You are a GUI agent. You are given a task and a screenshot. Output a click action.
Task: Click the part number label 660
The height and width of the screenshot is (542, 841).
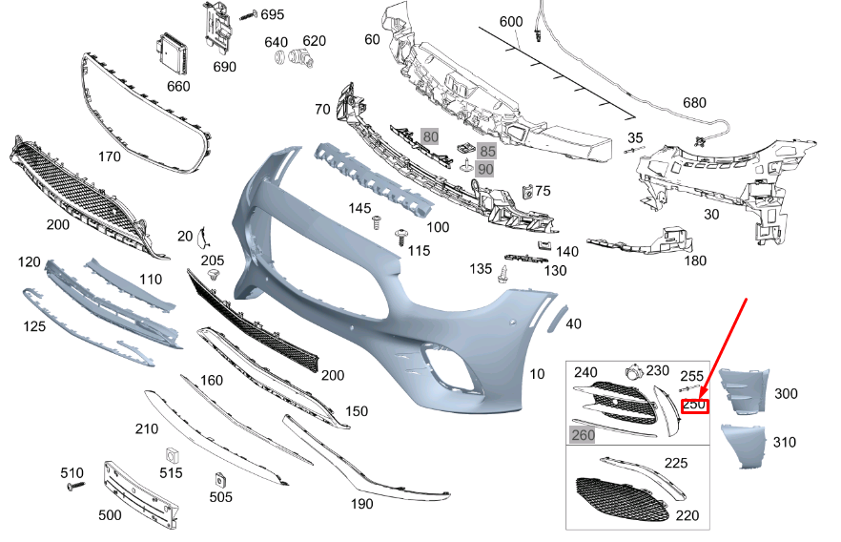tap(178, 86)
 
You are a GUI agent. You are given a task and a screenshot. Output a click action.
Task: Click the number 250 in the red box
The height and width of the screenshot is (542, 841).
tap(695, 406)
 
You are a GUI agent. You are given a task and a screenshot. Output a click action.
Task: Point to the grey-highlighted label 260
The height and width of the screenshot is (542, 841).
tap(582, 435)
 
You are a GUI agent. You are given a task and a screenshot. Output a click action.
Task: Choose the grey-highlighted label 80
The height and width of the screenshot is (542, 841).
tap(431, 136)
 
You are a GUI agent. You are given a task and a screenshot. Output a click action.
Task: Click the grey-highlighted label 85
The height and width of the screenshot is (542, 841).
tap(487, 151)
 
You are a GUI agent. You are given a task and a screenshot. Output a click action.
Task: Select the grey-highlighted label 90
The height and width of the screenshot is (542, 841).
tap(485, 169)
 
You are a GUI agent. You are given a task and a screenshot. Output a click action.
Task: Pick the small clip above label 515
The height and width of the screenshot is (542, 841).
tap(172, 454)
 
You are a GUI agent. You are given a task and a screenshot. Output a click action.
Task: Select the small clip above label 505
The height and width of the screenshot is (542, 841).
tap(218, 478)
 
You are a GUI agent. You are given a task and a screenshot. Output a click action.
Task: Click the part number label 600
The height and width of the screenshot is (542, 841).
tap(511, 22)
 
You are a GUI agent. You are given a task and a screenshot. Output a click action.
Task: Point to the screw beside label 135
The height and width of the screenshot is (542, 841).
tap(502, 274)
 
